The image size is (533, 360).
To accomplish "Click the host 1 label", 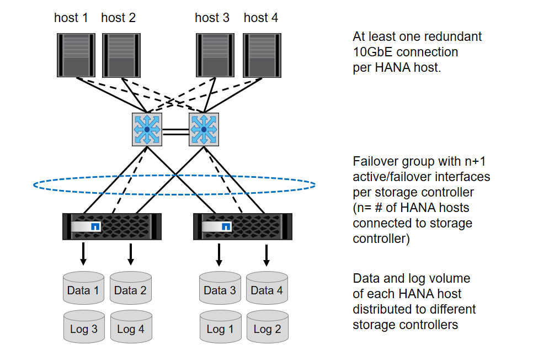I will click(71, 18).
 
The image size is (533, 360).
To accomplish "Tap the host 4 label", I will click(260, 18).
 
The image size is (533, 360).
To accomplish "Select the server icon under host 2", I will click(121, 55).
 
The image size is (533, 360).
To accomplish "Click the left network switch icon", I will click(147, 129).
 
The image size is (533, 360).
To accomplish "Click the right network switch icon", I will click(204, 129).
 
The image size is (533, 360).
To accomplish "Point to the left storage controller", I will click(112, 226).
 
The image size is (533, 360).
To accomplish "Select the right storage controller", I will click(242, 226).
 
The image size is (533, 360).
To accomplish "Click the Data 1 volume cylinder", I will click(83, 288).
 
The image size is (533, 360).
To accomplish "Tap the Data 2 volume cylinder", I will click(131, 288).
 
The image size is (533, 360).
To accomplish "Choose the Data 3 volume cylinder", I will click(220, 288).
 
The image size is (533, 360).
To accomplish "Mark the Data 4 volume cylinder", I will click(267, 288).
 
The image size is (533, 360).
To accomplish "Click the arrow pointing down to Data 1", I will click(83, 253).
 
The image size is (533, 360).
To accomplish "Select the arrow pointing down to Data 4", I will click(266, 253).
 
